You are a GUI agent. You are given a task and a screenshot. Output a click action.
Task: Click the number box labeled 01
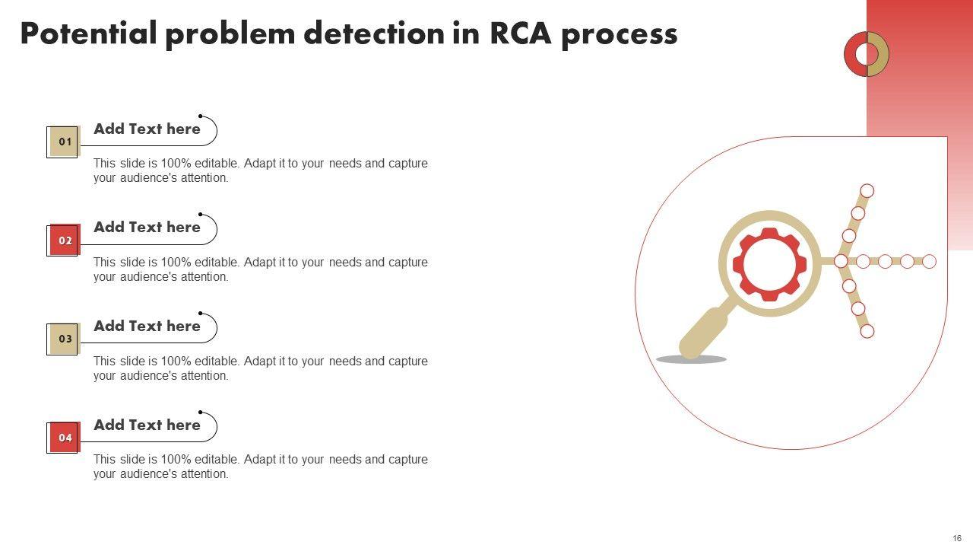(65, 142)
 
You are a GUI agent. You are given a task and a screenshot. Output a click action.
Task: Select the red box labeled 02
(65, 241)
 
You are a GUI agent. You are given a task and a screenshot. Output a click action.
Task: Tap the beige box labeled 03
(65, 339)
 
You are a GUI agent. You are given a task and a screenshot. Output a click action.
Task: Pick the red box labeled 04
(65, 438)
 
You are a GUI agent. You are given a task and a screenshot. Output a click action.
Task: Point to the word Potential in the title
(88, 34)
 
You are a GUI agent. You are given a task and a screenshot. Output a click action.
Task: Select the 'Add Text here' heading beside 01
(147, 129)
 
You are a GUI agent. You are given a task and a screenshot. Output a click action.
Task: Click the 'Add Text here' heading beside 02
(147, 227)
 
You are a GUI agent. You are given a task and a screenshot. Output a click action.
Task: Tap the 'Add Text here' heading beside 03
(147, 326)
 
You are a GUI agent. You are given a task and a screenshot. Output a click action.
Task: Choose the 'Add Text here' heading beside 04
(147, 425)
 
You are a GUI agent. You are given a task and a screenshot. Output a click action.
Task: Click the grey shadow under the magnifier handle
(691, 359)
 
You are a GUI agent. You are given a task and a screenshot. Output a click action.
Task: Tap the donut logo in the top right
(867, 54)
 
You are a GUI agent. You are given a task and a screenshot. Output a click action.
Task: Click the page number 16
(957, 538)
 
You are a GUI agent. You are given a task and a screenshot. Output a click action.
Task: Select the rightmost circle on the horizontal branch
(929, 261)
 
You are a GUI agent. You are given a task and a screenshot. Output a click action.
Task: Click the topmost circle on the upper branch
(867, 190)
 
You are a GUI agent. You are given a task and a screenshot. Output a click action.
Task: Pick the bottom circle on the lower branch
(867, 331)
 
